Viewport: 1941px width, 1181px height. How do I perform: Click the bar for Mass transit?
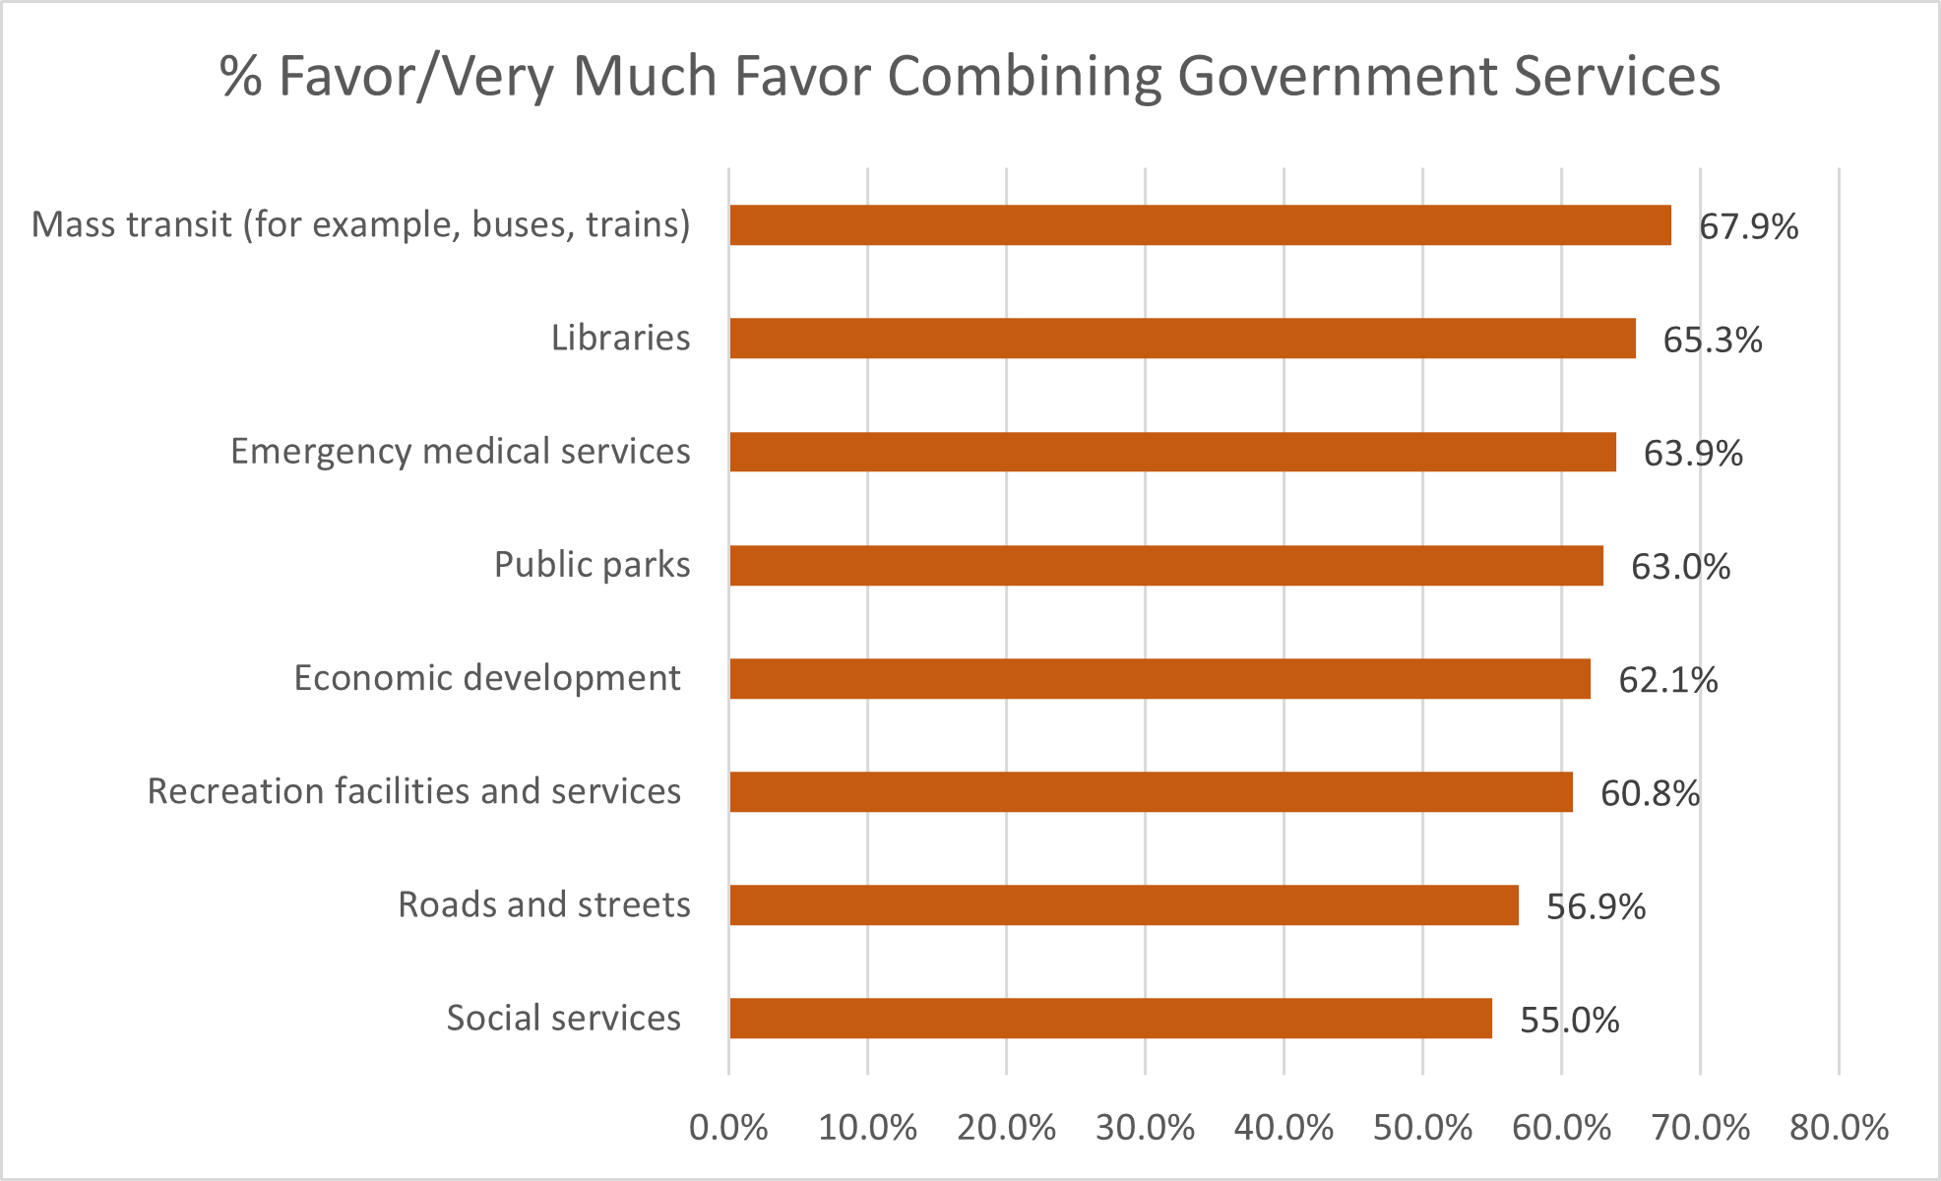tap(1200, 225)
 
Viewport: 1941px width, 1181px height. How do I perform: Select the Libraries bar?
tap(1182, 339)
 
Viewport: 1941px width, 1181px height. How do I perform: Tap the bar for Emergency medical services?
tap(1172, 452)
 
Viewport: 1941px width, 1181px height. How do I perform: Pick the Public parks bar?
tap(1166, 566)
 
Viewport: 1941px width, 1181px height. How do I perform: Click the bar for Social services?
tap(1110, 1019)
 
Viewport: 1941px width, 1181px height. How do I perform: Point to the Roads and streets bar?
tap(1123, 905)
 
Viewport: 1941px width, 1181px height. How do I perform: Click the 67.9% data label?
tap(1748, 227)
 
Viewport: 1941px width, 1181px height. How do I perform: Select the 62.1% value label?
tap(1667, 680)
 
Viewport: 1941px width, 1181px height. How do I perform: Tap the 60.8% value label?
tap(1650, 793)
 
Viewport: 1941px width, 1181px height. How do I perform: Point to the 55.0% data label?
tap(1569, 1020)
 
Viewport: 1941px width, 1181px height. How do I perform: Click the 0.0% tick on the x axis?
tap(728, 1128)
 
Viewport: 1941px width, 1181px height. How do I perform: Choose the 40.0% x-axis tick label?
tap(1284, 1128)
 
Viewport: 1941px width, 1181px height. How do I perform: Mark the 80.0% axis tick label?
tap(1839, 1128)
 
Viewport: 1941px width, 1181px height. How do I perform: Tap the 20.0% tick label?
tap(1006, 1128)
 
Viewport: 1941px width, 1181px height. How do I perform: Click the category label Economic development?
tap(487, 678)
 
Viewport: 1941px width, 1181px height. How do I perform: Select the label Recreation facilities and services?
tap(413, 791)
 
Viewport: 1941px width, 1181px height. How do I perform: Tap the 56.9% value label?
tap(1596, 906)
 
